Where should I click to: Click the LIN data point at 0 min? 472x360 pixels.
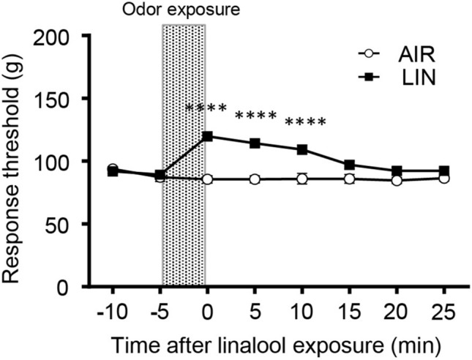208,136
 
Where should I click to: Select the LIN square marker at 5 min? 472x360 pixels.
255,143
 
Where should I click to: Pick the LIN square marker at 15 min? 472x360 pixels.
350,165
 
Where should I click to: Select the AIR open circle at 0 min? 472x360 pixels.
208,179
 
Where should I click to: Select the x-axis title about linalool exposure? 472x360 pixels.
278,342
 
